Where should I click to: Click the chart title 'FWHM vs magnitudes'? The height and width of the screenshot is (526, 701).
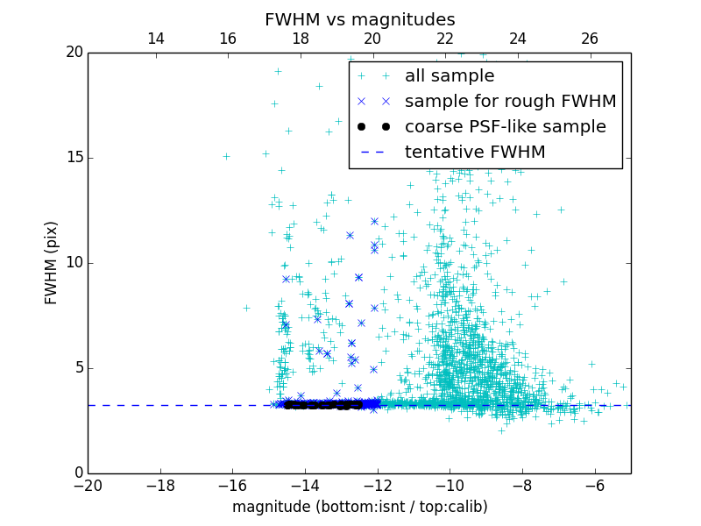359,19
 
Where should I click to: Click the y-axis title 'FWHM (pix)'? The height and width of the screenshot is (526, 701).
52,263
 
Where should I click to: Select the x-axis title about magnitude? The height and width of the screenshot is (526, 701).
359,507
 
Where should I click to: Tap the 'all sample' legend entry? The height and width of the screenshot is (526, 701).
449,76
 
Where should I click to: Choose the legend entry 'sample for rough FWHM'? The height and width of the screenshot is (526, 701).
510,102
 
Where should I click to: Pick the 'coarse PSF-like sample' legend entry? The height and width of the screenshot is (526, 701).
505,127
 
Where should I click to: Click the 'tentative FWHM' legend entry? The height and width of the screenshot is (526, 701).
474,153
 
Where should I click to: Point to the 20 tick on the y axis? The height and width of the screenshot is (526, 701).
74,53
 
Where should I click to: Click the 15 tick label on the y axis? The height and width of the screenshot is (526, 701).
74,158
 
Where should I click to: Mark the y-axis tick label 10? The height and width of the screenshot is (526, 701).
74,263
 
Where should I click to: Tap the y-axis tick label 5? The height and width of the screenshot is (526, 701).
77,368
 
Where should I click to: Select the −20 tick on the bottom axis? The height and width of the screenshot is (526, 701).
88,485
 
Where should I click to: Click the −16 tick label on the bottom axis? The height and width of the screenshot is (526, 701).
232,485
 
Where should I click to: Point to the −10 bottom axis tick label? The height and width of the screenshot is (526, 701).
450,485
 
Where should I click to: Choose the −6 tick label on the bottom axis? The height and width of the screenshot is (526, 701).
594,485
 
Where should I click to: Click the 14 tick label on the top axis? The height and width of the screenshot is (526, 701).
156,39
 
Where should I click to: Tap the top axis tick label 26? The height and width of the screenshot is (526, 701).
590,39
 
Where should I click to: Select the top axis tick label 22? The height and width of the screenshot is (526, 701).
445,39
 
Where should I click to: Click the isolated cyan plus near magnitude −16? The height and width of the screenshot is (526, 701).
226,156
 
